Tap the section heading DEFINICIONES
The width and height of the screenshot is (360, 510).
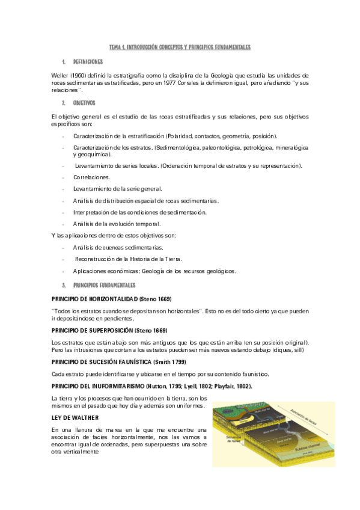(x=88, y=61)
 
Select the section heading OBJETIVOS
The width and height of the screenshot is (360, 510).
(x=84, y=103)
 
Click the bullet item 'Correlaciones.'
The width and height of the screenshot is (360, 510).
(x=91, y=177)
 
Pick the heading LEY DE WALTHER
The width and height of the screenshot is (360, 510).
(x=75, y=416)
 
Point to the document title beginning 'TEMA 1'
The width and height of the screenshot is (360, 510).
(x=179, y=46)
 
